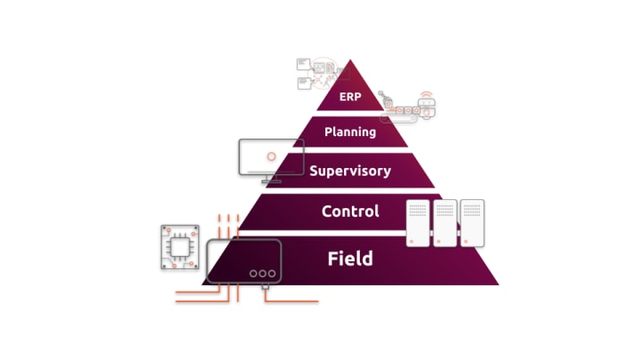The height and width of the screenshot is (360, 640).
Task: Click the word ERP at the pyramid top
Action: tap(350, 98)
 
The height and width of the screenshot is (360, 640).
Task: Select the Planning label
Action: tap(349, 132)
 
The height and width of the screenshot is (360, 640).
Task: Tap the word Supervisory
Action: tap(349, 170)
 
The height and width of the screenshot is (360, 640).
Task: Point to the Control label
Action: tap(349, 212)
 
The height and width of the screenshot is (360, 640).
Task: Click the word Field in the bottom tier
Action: tap(349, 259)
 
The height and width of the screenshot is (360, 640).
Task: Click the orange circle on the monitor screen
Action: tap(271, 156)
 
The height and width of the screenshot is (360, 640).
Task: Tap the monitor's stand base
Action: tap(269, 181)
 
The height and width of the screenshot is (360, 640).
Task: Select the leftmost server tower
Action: tap(418, 223)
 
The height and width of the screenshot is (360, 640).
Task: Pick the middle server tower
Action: tap(444, 223)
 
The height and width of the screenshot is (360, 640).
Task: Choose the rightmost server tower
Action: tap(471, 223)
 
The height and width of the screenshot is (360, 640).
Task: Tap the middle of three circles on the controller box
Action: tap(262, 274)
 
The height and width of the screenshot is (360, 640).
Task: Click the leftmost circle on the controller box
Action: tap(252, 274)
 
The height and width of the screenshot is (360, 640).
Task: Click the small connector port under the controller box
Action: tap(264, 287)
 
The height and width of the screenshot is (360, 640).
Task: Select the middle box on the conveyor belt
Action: tap(410, 109)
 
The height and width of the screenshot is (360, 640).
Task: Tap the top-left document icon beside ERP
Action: tap(303, 64)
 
